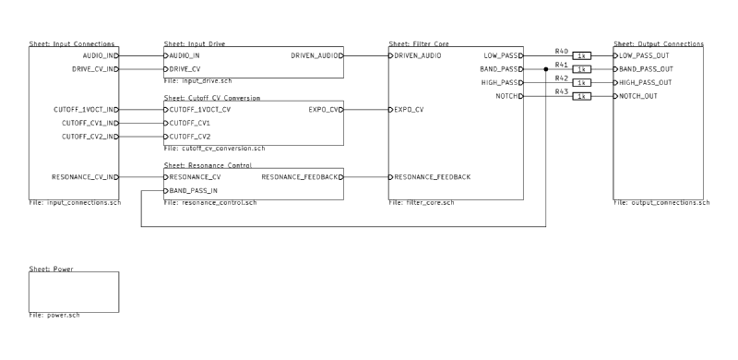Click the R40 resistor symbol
[581, 55]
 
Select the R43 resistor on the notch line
[581, 96]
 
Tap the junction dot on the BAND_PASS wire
[546, 69]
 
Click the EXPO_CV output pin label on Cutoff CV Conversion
[325, 110]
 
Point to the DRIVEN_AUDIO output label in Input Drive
[315, 55]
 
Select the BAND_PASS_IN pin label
[195, 190]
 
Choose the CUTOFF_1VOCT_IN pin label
[84, 110]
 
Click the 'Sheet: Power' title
[52, 269]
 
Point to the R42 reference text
[561, 78]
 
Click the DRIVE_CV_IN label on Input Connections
[92, 69]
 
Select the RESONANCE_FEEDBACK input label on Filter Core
[433, 176]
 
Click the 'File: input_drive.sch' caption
[197, 80]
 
